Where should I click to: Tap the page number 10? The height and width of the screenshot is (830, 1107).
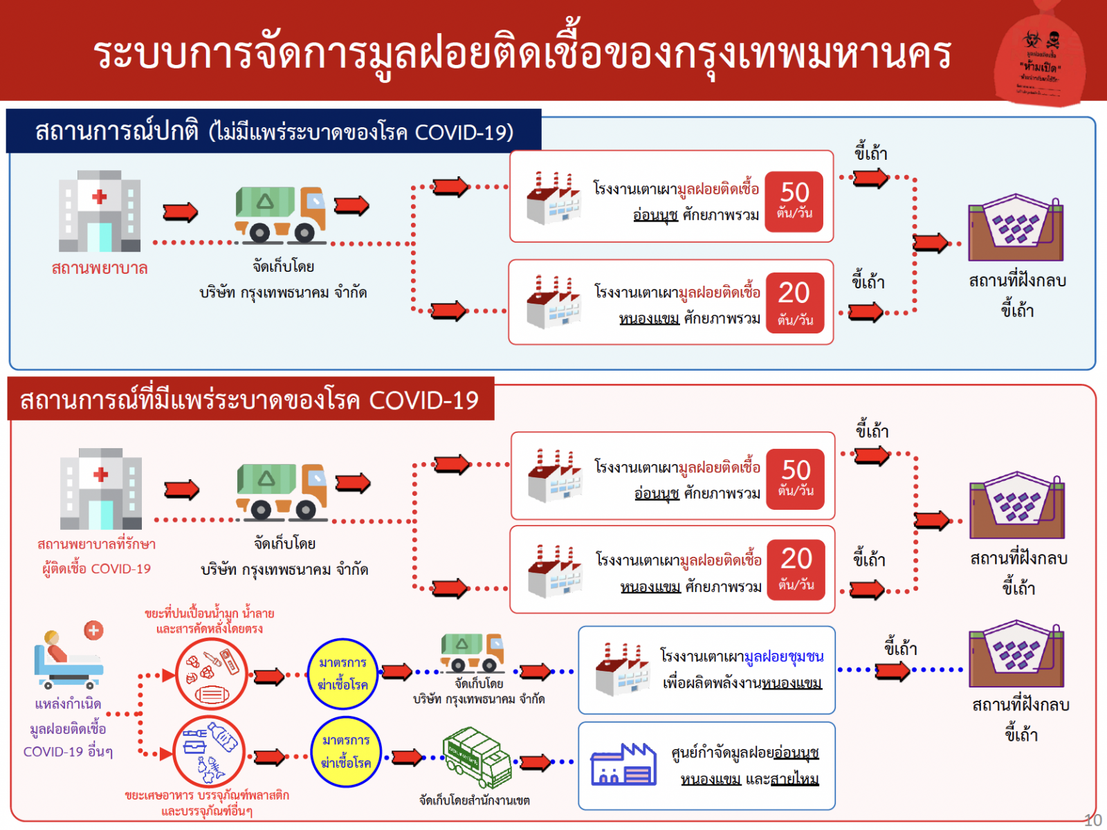(x=1092, y=820)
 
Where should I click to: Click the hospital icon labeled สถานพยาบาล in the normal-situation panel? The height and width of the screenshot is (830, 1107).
(x=100, y=211)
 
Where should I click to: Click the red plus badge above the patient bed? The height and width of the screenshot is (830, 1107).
(x=93, y=630)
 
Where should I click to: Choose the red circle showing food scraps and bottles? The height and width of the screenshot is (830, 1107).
(x=208, y=751)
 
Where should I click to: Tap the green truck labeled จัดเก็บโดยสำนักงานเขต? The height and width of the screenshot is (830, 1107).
(x=477, y=757)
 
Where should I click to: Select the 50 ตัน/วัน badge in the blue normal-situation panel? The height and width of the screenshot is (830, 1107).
(x=794, y=198)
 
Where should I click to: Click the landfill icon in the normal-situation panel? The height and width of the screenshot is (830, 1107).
(x=1015, y=228)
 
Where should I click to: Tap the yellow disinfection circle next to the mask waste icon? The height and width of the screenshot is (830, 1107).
(x=343, y=674)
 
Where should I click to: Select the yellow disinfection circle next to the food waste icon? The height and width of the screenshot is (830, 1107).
(x=346, y=752)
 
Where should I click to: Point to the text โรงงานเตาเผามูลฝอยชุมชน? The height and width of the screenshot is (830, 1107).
(x=742, y=656)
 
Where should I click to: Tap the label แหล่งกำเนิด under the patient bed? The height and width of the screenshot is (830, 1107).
(x=68, y=704)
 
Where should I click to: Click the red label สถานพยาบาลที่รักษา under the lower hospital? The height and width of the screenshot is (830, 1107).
(x=97, y=544)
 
